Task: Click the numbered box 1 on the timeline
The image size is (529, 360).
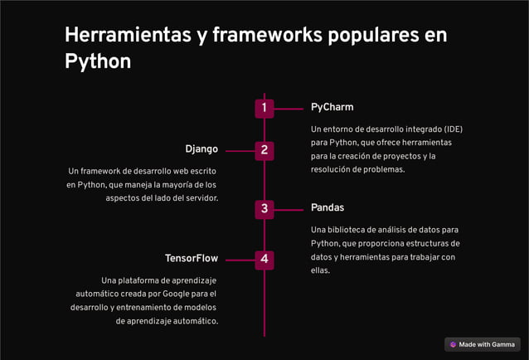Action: [x=264, y=108]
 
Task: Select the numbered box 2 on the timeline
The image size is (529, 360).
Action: [x=264, y=150]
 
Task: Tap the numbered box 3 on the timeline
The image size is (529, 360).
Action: [x=264, y=208]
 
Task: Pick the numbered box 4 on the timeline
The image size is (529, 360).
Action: [x=264, y=260]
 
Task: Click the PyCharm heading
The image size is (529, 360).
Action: [x=332, y=107]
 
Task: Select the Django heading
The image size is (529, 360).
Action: [x=201, y=149]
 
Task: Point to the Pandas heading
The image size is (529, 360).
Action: [x=328, y=207]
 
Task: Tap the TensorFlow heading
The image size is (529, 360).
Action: [x=192, y=259]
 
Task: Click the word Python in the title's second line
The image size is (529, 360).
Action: [x=98, y=61]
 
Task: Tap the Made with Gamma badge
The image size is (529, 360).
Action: [x=482, y=344]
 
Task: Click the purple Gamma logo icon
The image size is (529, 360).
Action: [x=453, y=344]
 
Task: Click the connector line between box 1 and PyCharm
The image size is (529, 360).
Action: [x=289, y=108]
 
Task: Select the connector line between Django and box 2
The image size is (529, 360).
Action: [x=239, y=151]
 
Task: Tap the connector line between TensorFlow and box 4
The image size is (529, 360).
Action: [x=239, y=260]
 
